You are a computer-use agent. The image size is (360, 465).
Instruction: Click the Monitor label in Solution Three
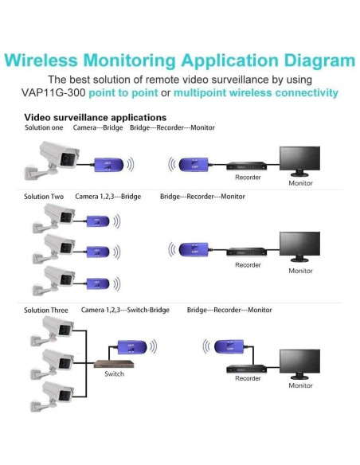(x=300, y=385)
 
